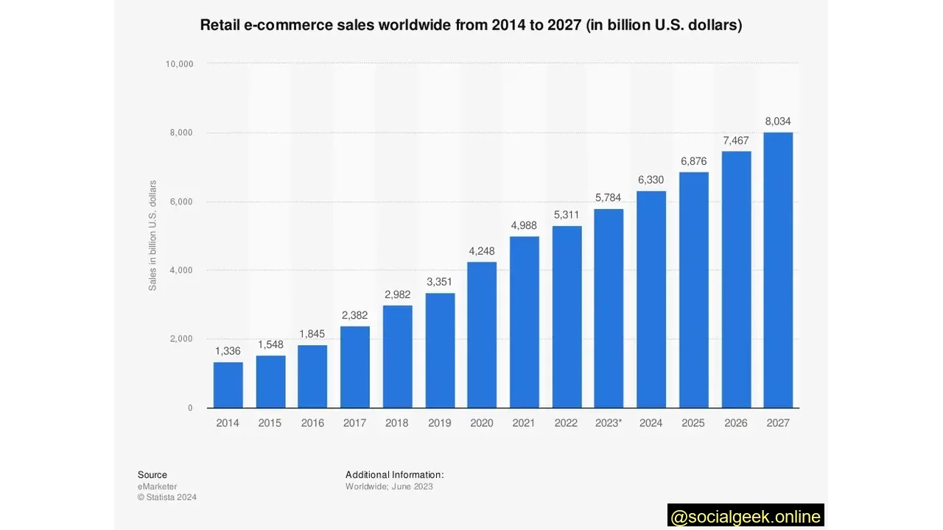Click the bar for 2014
pyautogui.click(x=228, y=385)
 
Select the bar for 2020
pyautogui.click(x=482, y=335)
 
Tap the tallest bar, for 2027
pyautogui.click(x=778, y=270)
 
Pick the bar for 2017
pyautogui.click(x=355, y=367)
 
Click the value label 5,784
pyautogui.click(x=609, y=198)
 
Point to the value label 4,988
pyautogui.click(x=524, y=225)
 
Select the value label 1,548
pyautogui.click(x=270, y=344)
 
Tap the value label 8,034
pyautogui.click(x=778, y=121)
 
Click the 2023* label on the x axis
pyautogui.click(x=609, y=423)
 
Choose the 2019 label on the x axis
pyautogui.click(x=440, y=423)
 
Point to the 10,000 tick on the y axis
pyautogui.click(x=179, y=64)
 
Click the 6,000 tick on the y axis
pyautogui.click(x=181, y=202)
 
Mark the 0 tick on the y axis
pyautogui.click(x=190, y=408)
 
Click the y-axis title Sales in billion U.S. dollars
pyautogui.click(x=153, y=236)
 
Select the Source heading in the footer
pyautogui.click(x=153, y=475)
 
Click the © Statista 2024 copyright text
pyautogui.click(x=167, y=498)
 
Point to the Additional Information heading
pyautogui.click(x=394, y=475)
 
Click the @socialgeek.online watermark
pyautogui.click(x=746, y=516)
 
